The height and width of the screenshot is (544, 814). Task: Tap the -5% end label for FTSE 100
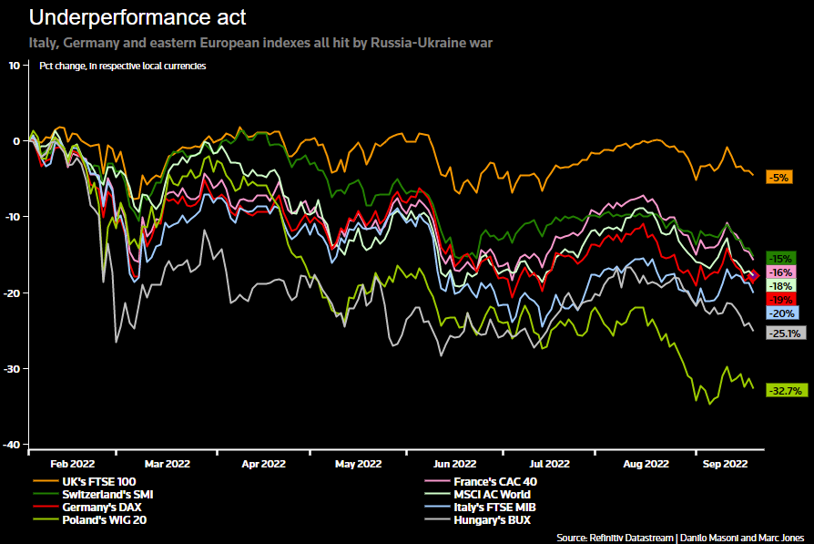(x=779, y=178)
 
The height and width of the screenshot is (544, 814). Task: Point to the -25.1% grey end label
(x=783, y=333)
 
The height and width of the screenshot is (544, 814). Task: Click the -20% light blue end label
(x=782, y=313)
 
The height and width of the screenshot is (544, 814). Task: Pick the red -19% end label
(x=781, y=299)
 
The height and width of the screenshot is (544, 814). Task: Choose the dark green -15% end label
(x=781, y=258)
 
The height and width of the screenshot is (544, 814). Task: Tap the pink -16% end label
(x=781, y=272)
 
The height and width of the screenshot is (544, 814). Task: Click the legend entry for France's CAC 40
(x=490, y=480)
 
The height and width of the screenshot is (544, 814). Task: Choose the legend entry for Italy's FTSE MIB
(x=490, y=507)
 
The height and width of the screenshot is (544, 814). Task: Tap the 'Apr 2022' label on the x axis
(x=263, y=463)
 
